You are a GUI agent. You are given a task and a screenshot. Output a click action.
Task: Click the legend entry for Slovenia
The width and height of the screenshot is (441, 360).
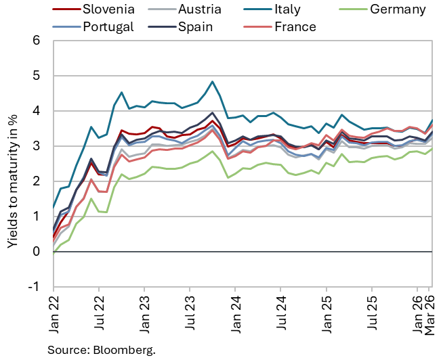(108, 9)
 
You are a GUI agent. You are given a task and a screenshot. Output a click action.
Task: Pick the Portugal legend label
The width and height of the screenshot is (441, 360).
(108, 27)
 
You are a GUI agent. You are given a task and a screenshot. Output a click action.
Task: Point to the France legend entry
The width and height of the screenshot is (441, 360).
(295, 27)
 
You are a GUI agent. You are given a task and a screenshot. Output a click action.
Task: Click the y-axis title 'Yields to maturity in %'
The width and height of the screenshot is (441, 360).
(13, 164)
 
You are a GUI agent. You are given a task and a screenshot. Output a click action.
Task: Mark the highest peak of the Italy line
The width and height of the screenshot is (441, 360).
(213, 81)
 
